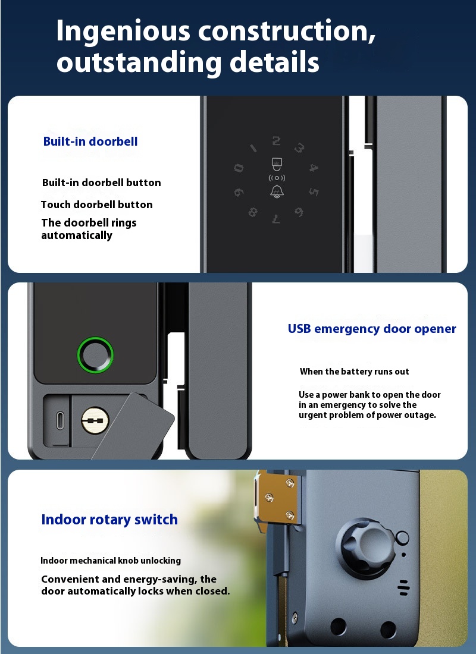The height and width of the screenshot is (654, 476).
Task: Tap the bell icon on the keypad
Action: [x=277, y=191]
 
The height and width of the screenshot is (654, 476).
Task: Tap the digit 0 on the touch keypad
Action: [x=239, y=168]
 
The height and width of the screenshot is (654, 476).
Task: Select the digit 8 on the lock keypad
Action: [x=253, y=212]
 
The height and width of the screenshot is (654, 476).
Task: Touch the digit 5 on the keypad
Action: [x=314, y=191]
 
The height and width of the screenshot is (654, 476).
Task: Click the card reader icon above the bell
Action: [x=277, y=164]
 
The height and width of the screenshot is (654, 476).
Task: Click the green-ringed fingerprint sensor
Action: [x=95, y=355]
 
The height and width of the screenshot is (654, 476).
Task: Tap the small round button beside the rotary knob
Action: [x=402, y=537]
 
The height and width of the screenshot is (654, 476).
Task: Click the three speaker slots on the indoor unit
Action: [x=403, y=587]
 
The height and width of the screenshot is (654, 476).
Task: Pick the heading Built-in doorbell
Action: [x=90, y=142]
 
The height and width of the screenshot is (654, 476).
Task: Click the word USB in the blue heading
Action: [x=299, y=329]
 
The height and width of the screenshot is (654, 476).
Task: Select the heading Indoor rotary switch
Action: [x=109, y=520]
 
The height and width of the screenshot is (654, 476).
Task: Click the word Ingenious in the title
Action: [x=123, y=32]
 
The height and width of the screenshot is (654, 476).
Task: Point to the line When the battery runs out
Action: [x=354, y=372]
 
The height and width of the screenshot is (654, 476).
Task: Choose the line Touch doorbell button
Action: [x=97, y=205]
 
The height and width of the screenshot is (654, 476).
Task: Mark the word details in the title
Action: [x=274, y=62]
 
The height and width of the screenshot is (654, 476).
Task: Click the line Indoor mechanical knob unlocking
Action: [x=111, y=561]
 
